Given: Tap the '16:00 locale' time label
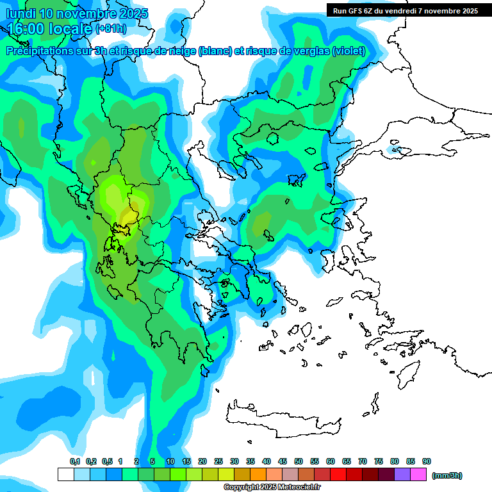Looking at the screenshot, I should [50, 29].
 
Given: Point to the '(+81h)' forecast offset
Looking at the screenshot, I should [111, 29].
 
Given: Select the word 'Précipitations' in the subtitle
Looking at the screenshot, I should [44, 51].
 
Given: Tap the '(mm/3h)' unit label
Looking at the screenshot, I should [447, 475].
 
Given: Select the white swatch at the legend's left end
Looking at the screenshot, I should [66, 475].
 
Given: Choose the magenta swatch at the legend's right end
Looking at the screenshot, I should [418, 475].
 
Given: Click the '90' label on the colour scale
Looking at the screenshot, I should [427, 461].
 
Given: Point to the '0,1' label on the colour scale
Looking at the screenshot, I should [74, 461].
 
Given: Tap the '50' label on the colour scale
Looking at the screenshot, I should [299, 461].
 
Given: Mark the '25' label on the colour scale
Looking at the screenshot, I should [218, 461].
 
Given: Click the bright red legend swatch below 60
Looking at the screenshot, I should [338, 475].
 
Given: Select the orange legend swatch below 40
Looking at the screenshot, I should [258, 475].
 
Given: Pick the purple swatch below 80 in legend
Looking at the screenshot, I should [402, 475].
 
